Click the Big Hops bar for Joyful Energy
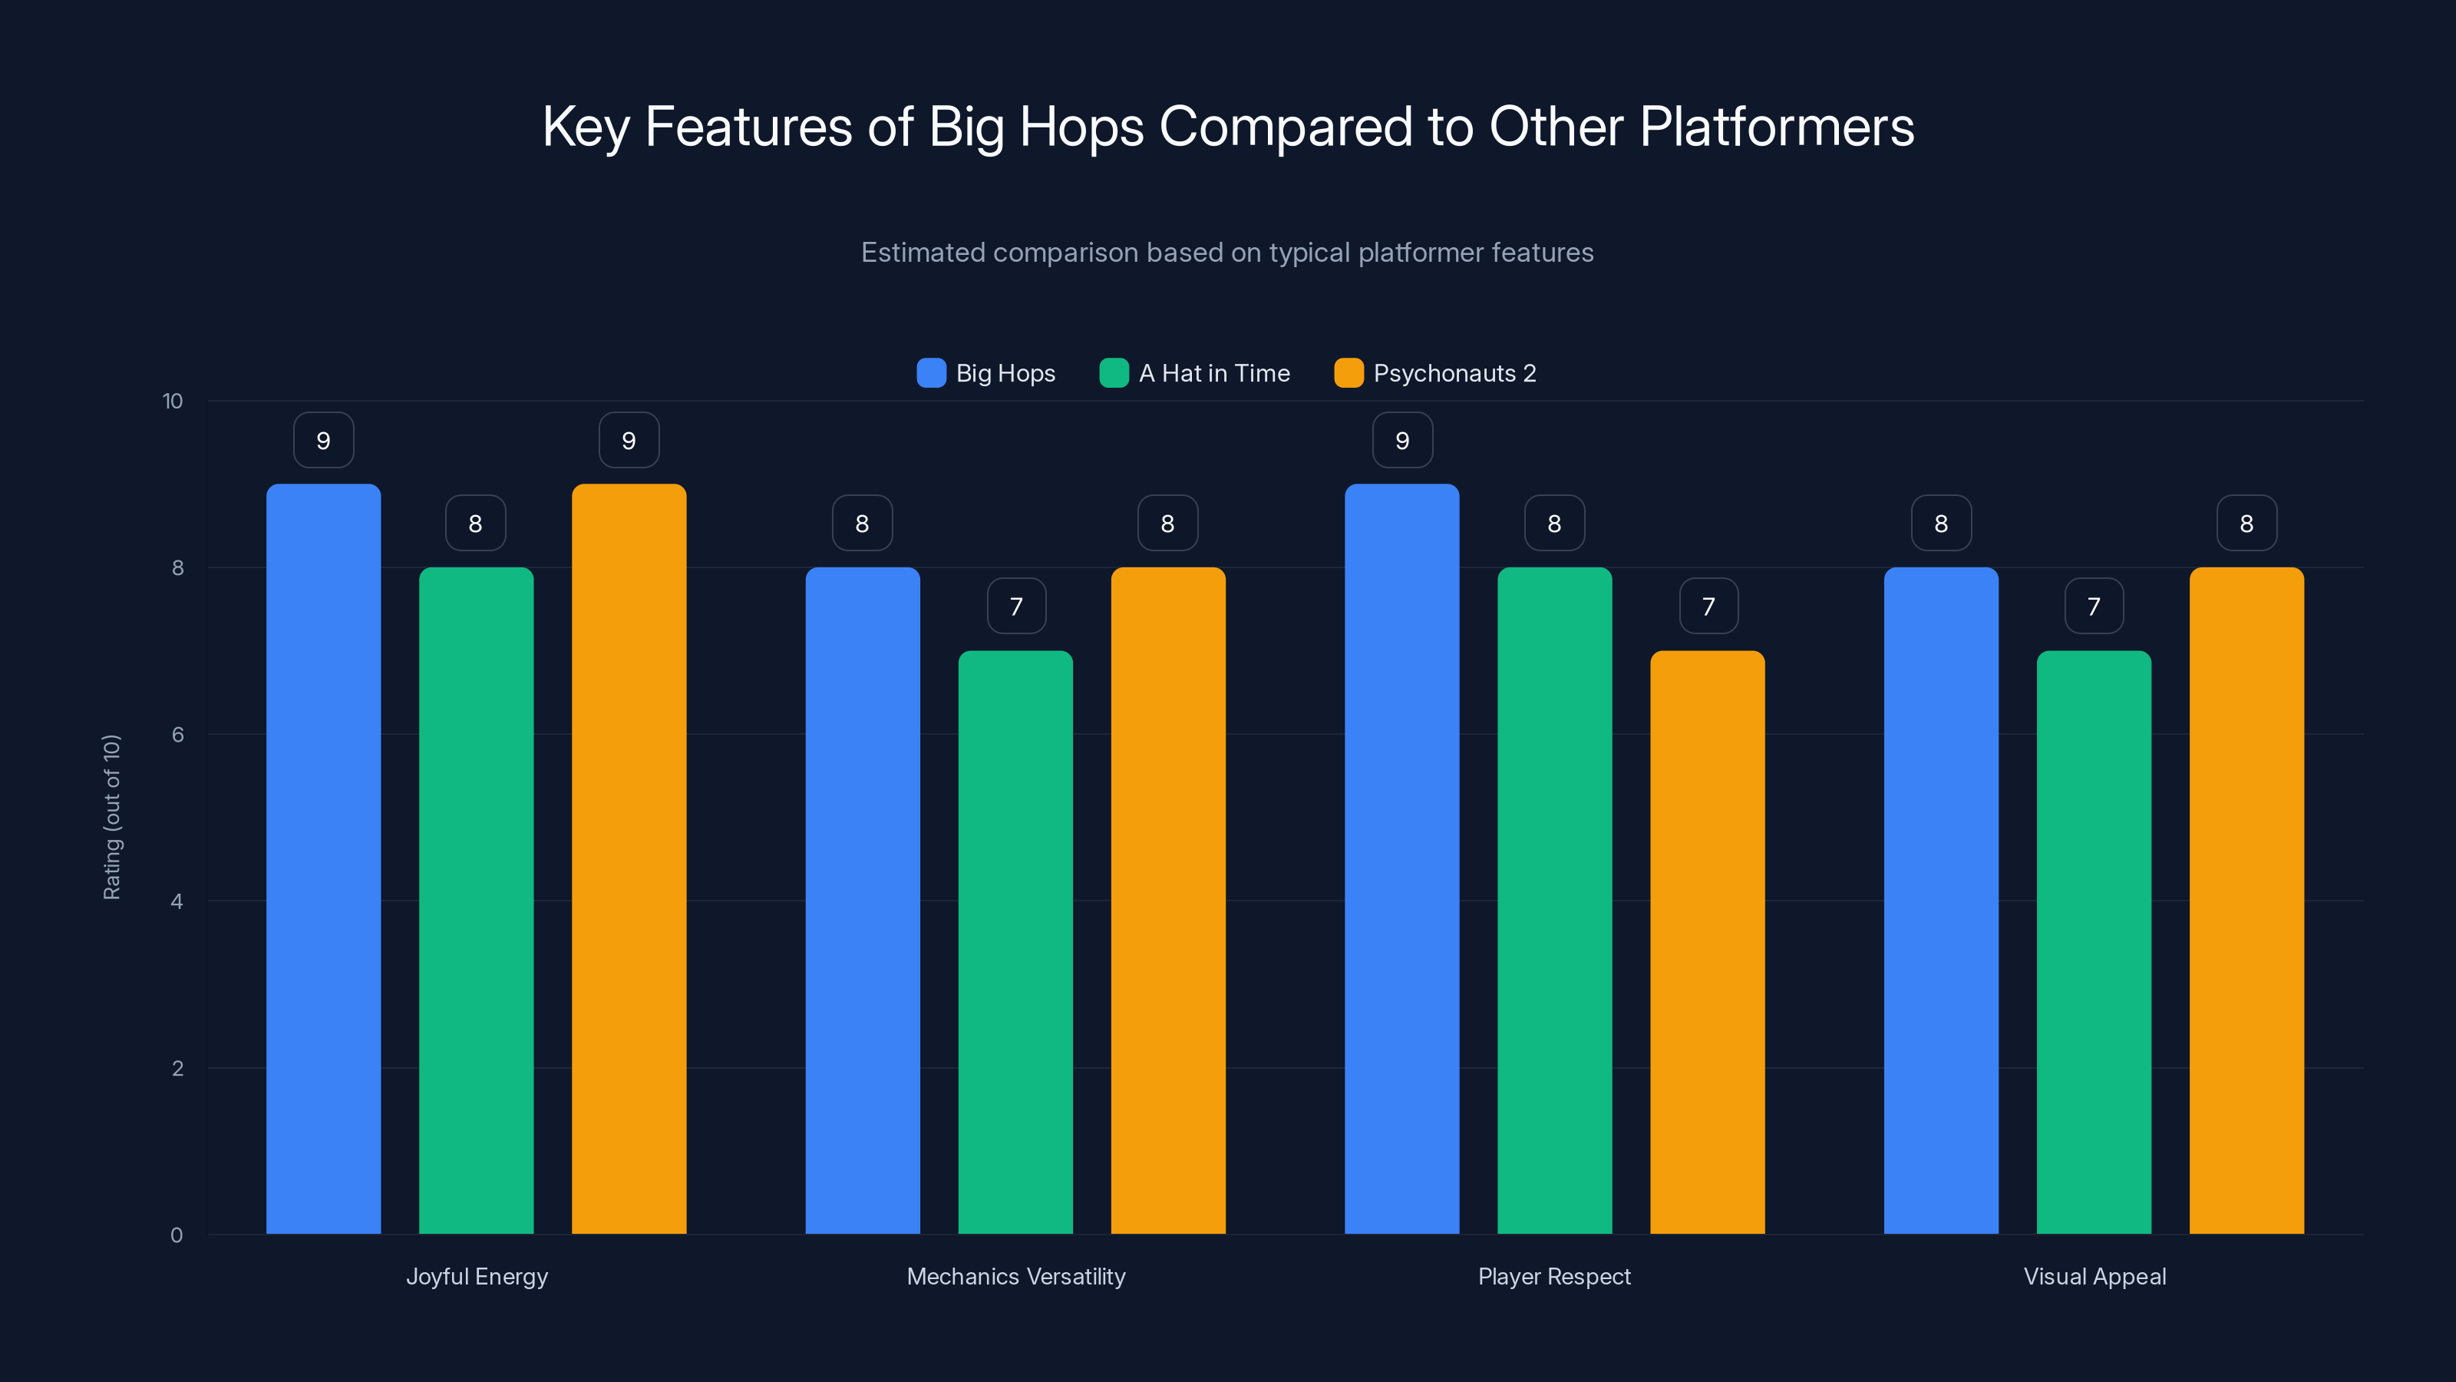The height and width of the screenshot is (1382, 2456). (x=323, y=858)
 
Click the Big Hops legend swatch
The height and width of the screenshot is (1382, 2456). (x=930, y=373)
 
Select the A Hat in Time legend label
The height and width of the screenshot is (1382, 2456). (x=1213, y=373)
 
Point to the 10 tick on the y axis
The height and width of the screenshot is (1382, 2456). (x=173, y=402)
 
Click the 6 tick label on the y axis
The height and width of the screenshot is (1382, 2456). (x=177, y=735)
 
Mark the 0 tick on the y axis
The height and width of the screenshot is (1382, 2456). (x=177, y=1235)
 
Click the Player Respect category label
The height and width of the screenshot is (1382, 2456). (x=1554, y=1276)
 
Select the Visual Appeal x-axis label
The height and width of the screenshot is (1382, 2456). (x=2095, y=1276)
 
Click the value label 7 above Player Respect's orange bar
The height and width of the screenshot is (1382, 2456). (x=1708, y=606)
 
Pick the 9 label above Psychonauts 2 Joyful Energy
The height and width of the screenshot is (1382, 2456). (x=629, y=441)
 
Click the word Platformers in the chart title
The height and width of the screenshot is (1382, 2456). (x=1778, y=127)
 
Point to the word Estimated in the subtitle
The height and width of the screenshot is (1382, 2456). (x=922, y=253)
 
